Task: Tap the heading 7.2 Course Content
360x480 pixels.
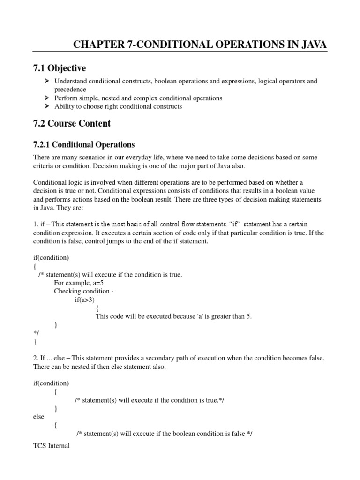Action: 72,124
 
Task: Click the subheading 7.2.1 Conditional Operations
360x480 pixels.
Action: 84,144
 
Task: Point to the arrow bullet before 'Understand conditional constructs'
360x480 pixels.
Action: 47,81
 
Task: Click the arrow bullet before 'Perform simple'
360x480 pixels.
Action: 47,98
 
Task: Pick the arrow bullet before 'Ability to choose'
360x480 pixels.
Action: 47,106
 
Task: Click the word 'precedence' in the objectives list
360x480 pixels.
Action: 70,90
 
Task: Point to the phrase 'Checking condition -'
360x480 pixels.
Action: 84,291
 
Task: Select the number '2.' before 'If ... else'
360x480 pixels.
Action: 36,358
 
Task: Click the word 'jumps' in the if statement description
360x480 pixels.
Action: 110,241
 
